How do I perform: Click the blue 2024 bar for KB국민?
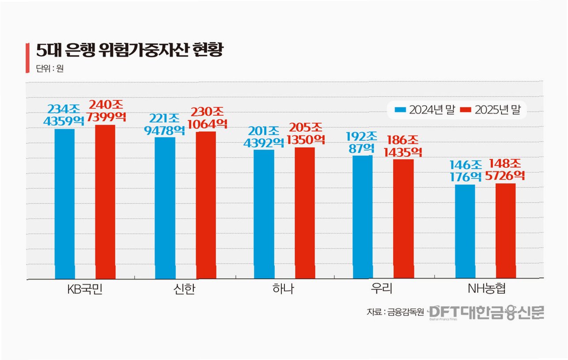(64, 204)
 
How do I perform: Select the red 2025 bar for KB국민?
(105, 202)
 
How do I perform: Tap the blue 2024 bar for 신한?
(165, 208)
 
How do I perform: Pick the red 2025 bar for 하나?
(305, 213)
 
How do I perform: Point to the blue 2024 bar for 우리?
(363, 217)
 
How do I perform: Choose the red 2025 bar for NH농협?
(506, 231)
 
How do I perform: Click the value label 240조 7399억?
(106, 111)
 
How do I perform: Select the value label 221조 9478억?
(164, 125)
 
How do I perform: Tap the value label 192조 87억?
(362, 143)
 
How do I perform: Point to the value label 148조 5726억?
(505, 170)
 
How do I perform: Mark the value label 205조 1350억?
(306, 133)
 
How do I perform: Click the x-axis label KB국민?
(85, 289)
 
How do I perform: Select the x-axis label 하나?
(283, 288)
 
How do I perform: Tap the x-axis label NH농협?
(487, 288)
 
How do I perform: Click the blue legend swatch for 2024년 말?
(400, 110)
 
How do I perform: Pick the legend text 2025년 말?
(497, 110)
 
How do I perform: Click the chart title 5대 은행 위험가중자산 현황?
(129, 49)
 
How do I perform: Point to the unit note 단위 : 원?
(50, 68)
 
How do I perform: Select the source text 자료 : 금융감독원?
(395, 312)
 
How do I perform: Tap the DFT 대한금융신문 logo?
(486, 313)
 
